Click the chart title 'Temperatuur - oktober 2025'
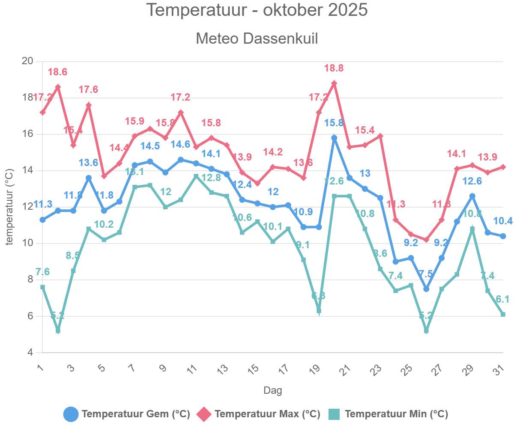pos(257,10)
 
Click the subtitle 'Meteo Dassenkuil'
pos(257,39)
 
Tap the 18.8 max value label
pos(334,68)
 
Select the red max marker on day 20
pos(334,83)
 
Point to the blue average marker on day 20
pos(334,138)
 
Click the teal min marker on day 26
pos(426,331)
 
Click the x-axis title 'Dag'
pos(272,390)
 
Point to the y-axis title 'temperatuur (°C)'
pos(9,207)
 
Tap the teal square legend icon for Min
pos(334,414)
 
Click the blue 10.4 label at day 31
pos(502,221)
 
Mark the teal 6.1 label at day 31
pos(502,300)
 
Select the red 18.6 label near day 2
pos(58,72)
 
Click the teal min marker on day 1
pos(43,287)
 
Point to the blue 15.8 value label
pos(334,123)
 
